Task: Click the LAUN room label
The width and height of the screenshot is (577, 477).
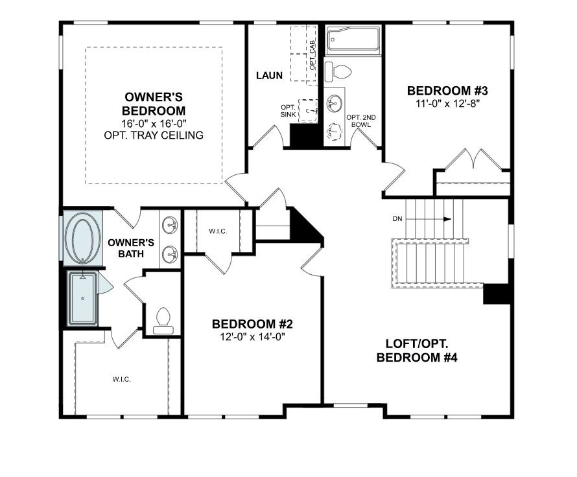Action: pos(269,76)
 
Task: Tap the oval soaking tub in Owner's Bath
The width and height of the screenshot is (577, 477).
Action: pos(82,238)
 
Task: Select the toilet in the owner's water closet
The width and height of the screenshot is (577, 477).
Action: pos(163,321)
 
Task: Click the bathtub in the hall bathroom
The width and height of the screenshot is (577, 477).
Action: pos(353,39)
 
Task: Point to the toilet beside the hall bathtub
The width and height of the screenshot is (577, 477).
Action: pos(338,72)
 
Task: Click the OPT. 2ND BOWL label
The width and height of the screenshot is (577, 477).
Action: pos(361,121)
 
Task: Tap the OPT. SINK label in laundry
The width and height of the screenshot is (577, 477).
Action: pos(288,111)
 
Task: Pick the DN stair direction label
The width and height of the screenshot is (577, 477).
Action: pos(397,219)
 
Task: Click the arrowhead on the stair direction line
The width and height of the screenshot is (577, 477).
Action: pos(447,219)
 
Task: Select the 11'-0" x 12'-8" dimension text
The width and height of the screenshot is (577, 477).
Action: pos(448,103)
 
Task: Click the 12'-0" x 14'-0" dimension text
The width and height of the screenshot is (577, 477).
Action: pos(252,336)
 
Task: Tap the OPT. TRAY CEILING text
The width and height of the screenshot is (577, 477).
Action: pos(154,135)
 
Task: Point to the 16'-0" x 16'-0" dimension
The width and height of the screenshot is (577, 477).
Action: pos(154,123)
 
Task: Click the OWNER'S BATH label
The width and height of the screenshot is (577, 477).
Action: pos(131,248)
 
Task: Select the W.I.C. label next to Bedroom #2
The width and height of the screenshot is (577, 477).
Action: pos(218,231)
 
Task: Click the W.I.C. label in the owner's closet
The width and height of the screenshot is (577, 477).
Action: pos(122,379)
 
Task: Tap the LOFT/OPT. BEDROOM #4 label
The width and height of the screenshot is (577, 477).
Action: pos(417,351)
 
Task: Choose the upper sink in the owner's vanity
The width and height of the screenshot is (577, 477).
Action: pos(170,225)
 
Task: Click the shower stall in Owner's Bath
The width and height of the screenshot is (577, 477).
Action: pos(83,298)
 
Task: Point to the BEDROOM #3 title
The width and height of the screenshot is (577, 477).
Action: pos(447,91)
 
